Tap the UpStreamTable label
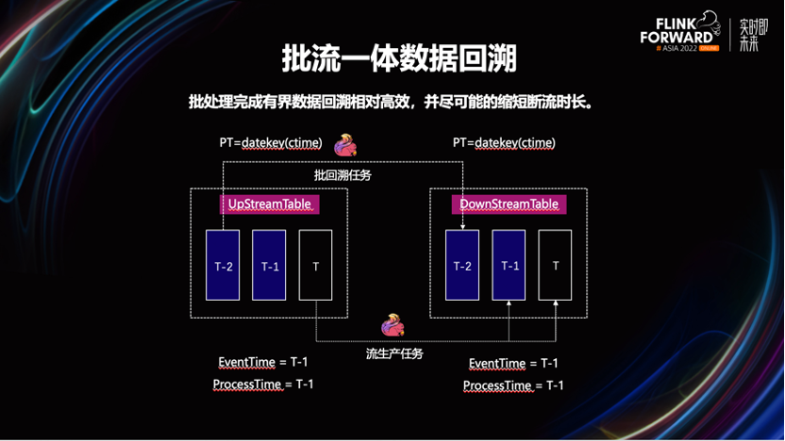tap(269, 204)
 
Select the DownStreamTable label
tap(509, 204)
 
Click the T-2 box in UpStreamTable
tap(223, 266)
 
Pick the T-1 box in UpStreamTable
tap(269, 266)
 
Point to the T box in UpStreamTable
tap(315, 266)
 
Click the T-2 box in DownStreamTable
tap(462, 266)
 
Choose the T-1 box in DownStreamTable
tap(509, 266)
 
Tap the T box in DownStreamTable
tap(556, 266)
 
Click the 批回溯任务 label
tap(342, 174)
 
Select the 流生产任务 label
tap(394, 353)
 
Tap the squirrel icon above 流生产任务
tap(392, 327)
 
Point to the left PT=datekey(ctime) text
tap(271, 143)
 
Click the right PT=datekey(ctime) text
tap(504, 143)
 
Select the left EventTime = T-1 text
tap(263, 363)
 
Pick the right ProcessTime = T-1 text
tap(513, 385)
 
